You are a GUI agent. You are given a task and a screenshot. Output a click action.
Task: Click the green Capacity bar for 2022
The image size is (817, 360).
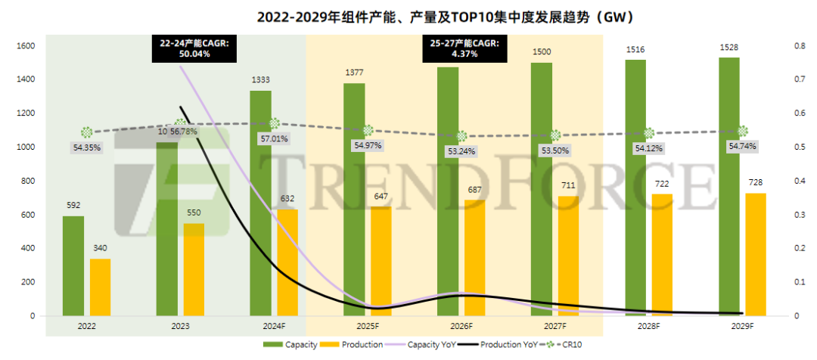click(x=73, y=265)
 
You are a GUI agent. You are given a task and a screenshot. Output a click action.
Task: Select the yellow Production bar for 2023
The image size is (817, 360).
click(x=194, y=269)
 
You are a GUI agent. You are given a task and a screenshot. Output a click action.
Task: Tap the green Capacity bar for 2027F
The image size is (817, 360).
click(x=542, y=189)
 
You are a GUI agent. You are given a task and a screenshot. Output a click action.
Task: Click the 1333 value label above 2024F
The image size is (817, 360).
click(x=260, y=79)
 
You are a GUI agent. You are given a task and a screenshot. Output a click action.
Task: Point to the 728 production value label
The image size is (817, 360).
click(x=756, y=183)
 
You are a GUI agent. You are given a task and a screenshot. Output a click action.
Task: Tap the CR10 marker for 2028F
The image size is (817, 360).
click(x=649, y=133)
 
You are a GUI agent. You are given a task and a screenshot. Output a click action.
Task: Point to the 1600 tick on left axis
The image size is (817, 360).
click(x=26, y=46)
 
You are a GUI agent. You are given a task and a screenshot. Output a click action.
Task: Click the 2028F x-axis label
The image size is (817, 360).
click(x=648, y=326)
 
